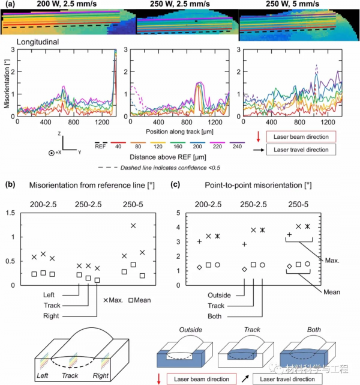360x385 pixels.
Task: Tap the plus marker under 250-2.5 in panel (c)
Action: [244, 244]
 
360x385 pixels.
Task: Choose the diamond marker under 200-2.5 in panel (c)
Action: [199, 267]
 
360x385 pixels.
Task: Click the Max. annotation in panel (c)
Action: [331, 261]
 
